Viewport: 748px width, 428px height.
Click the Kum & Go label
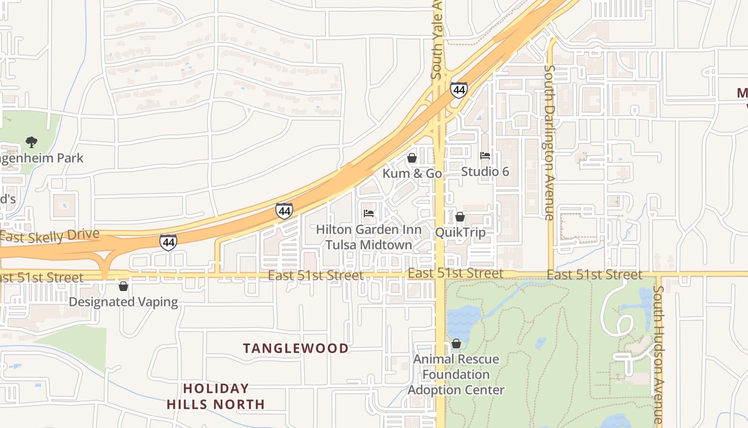[412, 173]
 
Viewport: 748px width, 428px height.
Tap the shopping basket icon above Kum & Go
[412, 158]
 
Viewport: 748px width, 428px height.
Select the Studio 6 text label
[485, 171]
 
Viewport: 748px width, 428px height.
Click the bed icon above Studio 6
[485, 156]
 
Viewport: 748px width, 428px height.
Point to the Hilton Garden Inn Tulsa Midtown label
[369, 237]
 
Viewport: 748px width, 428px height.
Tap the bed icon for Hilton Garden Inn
[369, 213]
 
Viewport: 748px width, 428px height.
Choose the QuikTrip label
[460, 232]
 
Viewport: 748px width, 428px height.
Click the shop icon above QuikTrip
[460, 217]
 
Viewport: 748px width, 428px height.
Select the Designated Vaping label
[123, 302]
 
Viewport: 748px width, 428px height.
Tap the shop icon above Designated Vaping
[123, 286]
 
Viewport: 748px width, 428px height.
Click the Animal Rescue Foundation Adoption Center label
[456, 374]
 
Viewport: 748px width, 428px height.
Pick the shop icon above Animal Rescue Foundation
[456, 343]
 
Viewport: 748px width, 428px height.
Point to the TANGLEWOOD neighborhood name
[296, 348]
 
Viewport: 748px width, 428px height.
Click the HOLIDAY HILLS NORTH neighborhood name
[216, 396]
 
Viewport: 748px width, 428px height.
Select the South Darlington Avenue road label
[549, 142]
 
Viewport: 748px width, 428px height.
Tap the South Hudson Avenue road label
[658, 355]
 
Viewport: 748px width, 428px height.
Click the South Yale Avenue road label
[437, 40]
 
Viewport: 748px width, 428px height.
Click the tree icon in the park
[32, 142]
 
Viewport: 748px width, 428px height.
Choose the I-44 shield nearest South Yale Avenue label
[458, 90]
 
